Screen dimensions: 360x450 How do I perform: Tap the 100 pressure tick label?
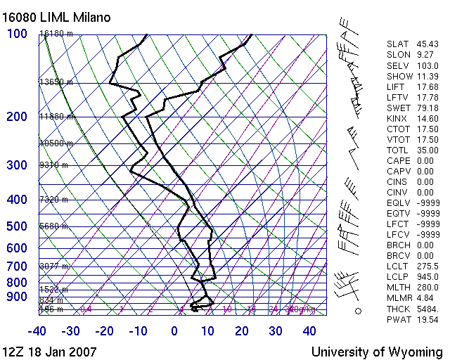tap(17, 34)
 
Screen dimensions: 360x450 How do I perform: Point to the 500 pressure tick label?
tap(17, 226)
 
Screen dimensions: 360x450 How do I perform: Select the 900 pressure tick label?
tap(17, 297)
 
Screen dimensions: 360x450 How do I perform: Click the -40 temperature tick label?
tap(37, 331)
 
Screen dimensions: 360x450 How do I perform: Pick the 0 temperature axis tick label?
tap(174, 331)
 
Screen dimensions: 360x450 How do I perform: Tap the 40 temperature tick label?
tap(309, 331)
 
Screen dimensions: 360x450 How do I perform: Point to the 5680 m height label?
tap(53, 226)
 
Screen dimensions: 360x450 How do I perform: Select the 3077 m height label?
tap(53, 266)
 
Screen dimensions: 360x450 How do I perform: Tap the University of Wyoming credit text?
tap(377, 352)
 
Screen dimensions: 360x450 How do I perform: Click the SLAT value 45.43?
tap(427, 44)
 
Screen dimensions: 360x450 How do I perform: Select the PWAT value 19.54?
tap(427, 319)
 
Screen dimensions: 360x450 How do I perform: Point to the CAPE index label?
tap(399, 160)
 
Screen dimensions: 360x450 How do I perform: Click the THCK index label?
tap(399, 309)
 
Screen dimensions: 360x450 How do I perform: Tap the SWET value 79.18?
tap(427, 108)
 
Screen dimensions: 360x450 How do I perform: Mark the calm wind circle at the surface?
tap(357, 310)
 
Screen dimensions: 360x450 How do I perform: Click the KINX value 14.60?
tap(427, 118)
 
